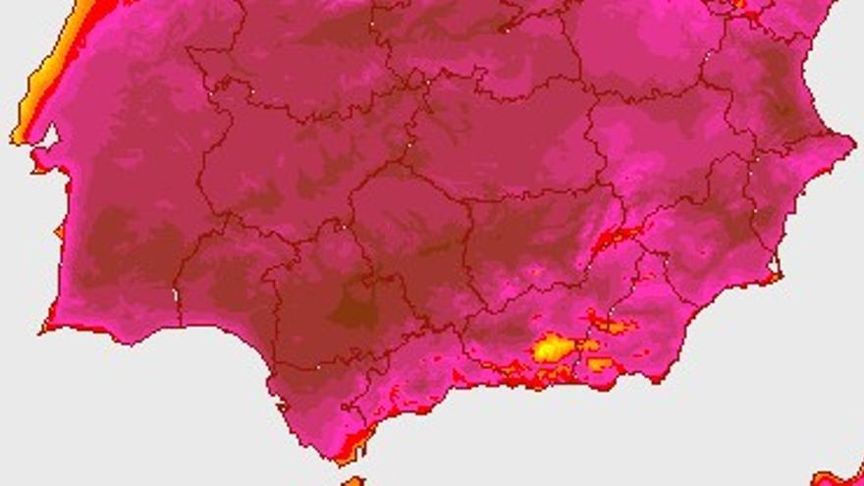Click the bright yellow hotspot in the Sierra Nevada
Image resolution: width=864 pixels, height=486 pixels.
point(552,347)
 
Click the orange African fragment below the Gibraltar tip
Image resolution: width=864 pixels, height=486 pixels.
point(352,481)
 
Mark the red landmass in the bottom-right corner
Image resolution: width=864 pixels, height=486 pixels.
point(839,477)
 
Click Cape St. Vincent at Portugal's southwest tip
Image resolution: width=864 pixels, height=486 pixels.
point(45,328)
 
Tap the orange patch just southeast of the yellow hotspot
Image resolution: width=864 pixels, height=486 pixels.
point(600,364)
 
